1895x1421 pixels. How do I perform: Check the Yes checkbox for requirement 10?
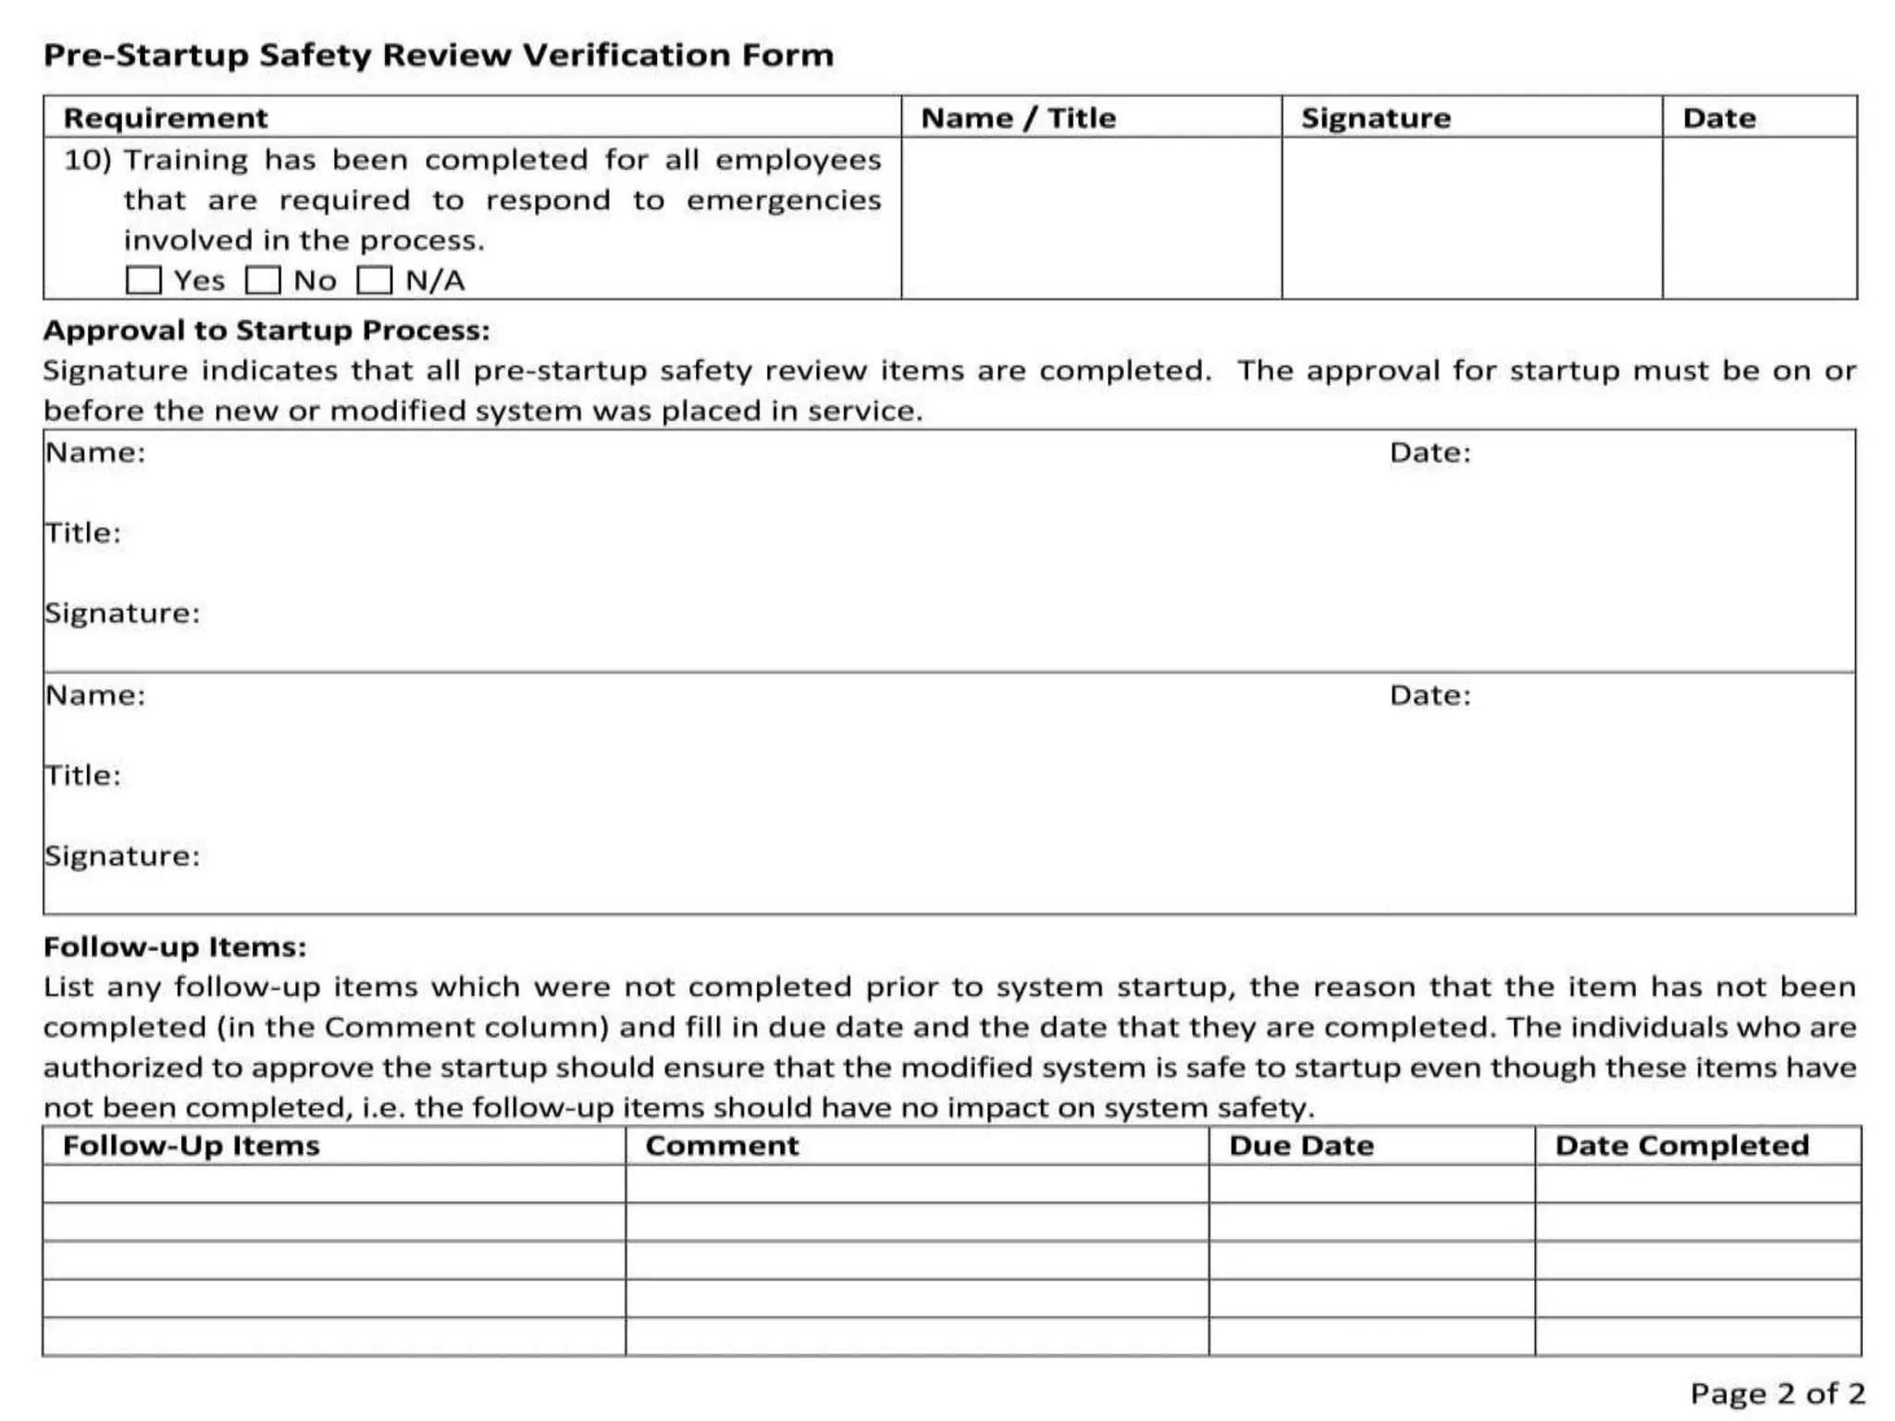pos(143,279)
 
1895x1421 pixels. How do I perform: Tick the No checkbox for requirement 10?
pos(263,279)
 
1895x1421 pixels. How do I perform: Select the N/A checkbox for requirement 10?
pos(374,279)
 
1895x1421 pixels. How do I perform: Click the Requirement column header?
pos(166,118)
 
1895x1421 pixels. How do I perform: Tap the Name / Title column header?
pos(1019,118)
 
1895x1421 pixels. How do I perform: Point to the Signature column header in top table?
pos(1376,118)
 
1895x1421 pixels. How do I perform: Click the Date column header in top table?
pos(1719,118)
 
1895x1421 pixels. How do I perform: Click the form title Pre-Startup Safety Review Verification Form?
pos(439,56)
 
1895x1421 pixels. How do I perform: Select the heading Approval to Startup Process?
pos(266,330)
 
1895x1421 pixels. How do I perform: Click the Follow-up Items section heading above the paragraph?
pos(175,946)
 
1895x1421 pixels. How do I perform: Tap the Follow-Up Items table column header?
pos(192,1145)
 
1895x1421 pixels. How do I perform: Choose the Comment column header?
pos(722,1145)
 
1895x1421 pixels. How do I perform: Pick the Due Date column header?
pos(1301,1145)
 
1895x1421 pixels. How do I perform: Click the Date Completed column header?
pos(1681,1145)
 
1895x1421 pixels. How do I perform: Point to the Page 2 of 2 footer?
pos(1777,1392)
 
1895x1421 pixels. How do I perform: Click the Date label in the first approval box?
pos(1430,452)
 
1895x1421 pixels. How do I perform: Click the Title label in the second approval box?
pos(83,775)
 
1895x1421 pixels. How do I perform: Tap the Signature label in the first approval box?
pos(122,613)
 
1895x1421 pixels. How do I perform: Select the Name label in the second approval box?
pos(95,695)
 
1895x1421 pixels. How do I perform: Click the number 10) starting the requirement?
pos(87,160)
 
